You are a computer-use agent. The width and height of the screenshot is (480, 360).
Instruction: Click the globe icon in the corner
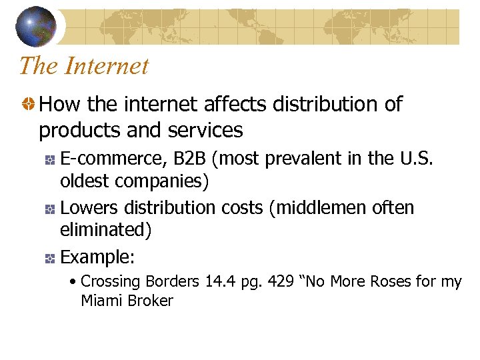35,26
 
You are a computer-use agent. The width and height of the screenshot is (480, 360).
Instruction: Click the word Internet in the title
107,66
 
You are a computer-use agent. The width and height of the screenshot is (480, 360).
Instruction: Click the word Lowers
87,208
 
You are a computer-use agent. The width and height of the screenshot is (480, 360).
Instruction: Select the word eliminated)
106,230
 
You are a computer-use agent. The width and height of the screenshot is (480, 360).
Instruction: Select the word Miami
100,301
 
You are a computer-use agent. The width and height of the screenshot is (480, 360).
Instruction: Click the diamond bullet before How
27,105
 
